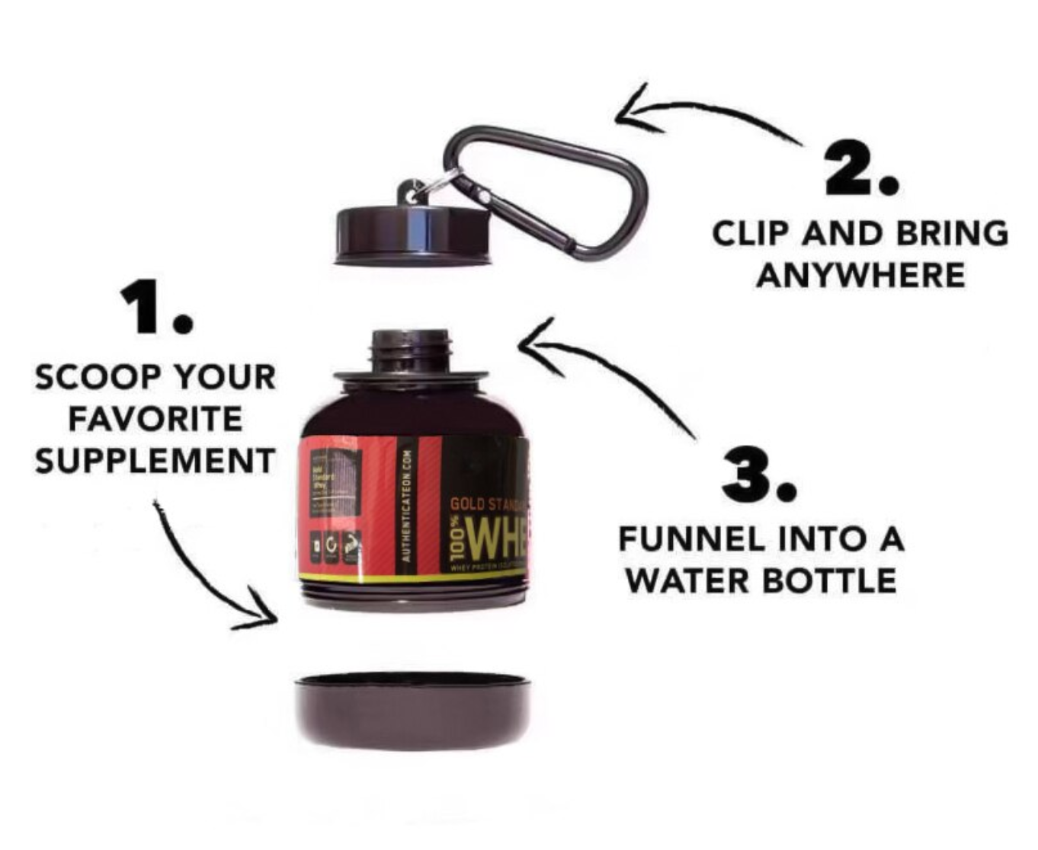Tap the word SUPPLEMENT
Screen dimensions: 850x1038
(155, 461)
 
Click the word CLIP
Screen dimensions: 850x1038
(751, 233)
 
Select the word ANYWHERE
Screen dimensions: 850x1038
(860, 275)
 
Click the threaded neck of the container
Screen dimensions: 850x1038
(411, 350)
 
